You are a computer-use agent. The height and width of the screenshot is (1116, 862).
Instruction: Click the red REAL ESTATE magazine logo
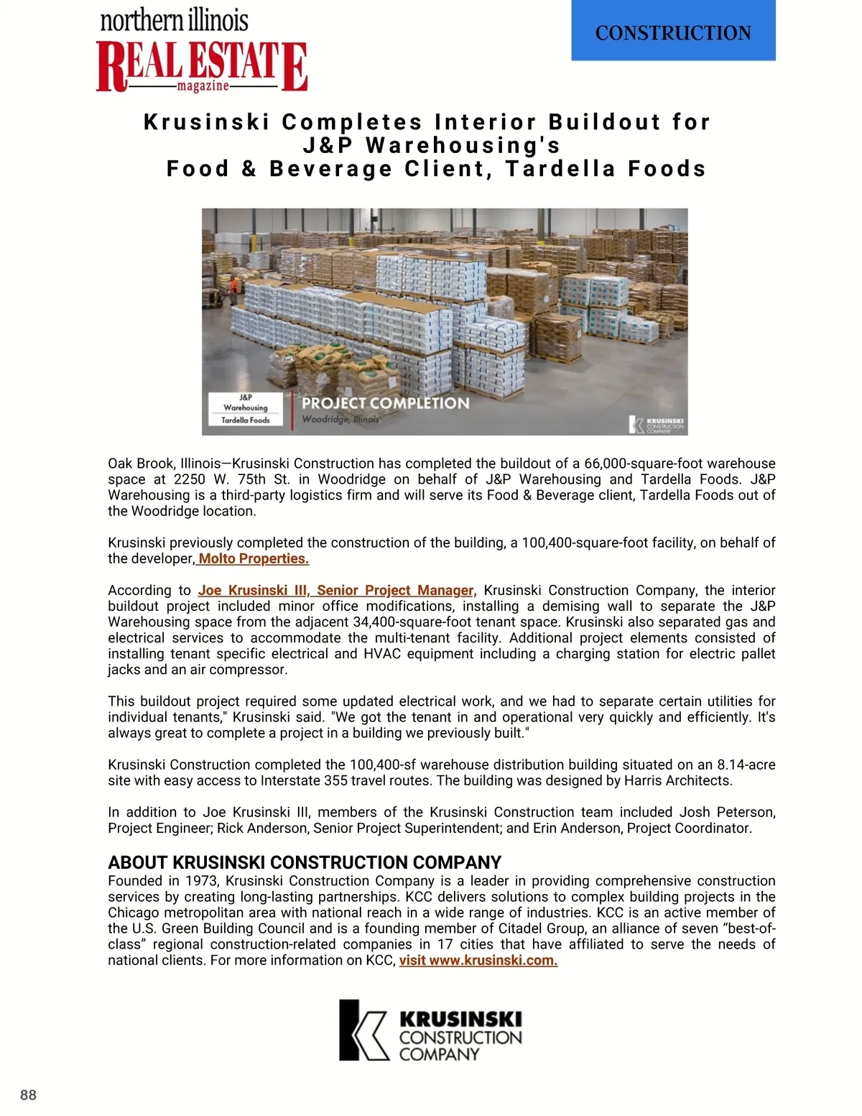point(202,66)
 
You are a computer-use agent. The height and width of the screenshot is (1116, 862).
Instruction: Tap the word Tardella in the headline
point(560,169)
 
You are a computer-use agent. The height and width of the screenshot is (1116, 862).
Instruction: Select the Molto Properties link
point(253,559)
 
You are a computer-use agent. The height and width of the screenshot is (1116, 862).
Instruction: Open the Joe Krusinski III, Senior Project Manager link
point(337,591)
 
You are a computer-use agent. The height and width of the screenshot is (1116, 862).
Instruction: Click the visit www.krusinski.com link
point(478,961)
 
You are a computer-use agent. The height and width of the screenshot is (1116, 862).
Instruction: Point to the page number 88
point(28,1095)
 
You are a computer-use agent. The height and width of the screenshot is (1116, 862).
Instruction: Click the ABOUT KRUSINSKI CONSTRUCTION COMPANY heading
point(305,862)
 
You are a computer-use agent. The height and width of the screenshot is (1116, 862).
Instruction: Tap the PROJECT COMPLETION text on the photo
point(385,403)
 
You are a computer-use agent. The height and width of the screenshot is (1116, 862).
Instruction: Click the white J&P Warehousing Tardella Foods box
point(246,409)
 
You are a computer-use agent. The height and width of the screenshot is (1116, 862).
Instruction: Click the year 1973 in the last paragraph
point(201,881)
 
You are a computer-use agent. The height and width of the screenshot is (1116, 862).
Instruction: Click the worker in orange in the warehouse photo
point(232,285)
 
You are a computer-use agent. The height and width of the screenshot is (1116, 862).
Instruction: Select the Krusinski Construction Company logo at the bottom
point(430,1030)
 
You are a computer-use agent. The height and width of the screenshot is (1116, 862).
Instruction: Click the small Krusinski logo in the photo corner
point(657,425)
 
